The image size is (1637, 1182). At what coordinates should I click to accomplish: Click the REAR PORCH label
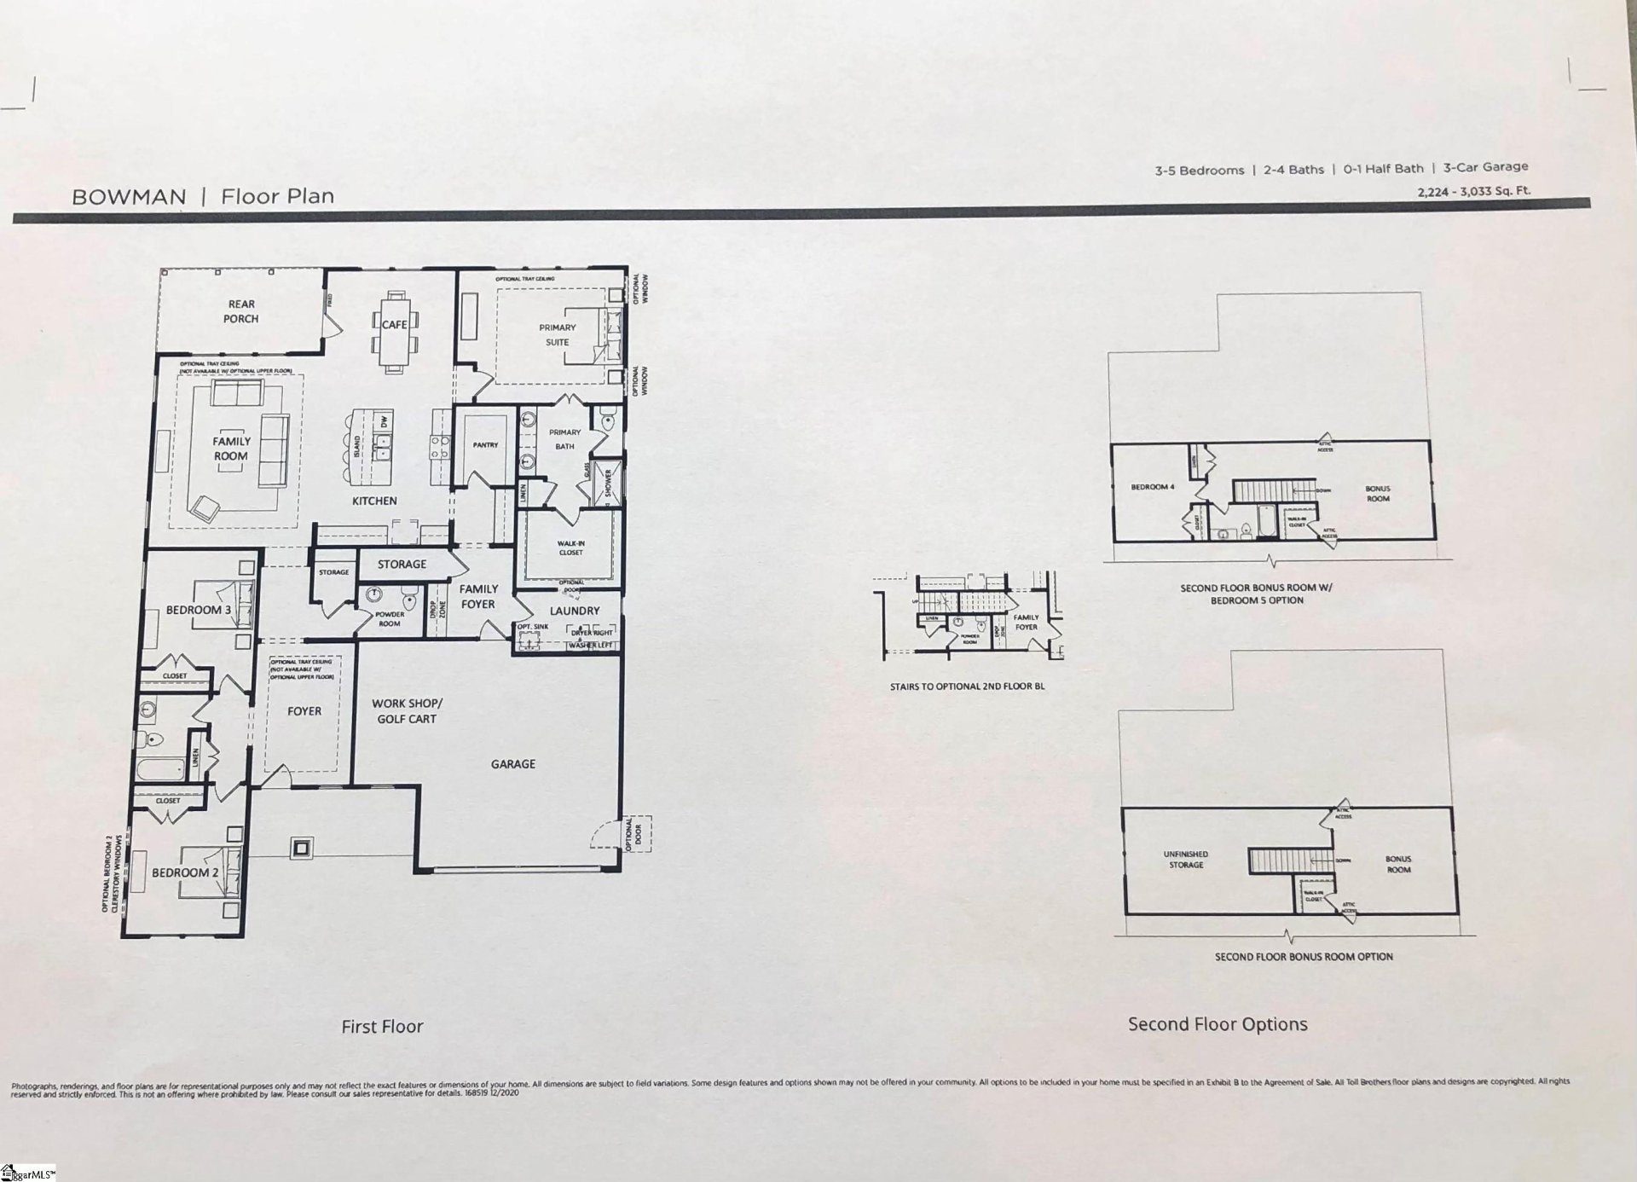click(x=241, y=311)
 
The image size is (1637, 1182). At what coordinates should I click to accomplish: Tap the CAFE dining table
click(x=394, y=325)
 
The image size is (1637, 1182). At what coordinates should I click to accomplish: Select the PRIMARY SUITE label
click(x=557, y=334)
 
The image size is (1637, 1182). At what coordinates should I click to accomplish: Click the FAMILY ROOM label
click(x=231, y=449)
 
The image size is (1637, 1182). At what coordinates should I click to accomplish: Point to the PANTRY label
click(x=485, y=445)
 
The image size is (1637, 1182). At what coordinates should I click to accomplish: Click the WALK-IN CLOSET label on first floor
click(x=570, y=548)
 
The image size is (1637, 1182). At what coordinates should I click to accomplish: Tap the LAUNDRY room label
click(x=574, y=611)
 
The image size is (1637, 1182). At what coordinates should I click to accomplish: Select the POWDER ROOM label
click(x=390, y=618)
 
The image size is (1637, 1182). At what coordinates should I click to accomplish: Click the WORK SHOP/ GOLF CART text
click(x=407, y=711)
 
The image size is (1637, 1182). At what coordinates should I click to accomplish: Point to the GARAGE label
click(x=513, y=764)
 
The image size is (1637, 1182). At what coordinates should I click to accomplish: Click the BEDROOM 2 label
click(x=185, y=872)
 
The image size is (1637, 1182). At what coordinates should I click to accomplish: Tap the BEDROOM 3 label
click(x=198, y=610)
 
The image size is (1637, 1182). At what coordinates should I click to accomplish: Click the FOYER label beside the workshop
click(x=304, y=711)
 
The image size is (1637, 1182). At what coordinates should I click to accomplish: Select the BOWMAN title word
click(x=129, y=197)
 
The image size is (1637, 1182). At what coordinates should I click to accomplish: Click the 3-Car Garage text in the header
click(x=1485, y=167)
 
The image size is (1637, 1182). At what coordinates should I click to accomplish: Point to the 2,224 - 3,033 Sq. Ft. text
click(x=1473, y=191)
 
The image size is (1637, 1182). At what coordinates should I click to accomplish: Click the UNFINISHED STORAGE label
click(x=1186, y=859)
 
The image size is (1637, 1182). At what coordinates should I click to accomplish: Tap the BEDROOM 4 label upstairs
click(x=1152, y=487)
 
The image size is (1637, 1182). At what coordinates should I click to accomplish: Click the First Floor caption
click(x=382, y=1027)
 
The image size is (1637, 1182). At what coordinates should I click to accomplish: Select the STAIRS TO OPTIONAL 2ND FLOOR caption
click(x=967, y=687)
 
